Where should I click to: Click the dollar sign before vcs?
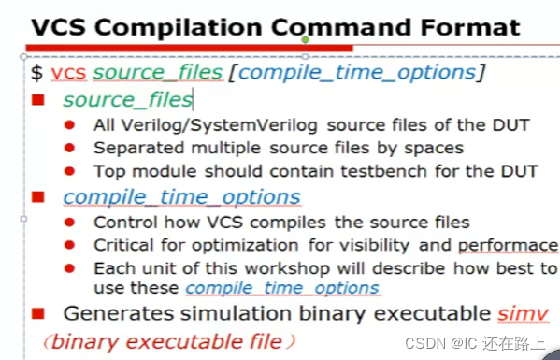[36, 73]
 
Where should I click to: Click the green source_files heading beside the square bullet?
[127, 98]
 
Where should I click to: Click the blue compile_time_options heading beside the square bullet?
[181, 196]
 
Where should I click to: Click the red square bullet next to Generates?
[39, 313]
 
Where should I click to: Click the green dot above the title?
[305, 40]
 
